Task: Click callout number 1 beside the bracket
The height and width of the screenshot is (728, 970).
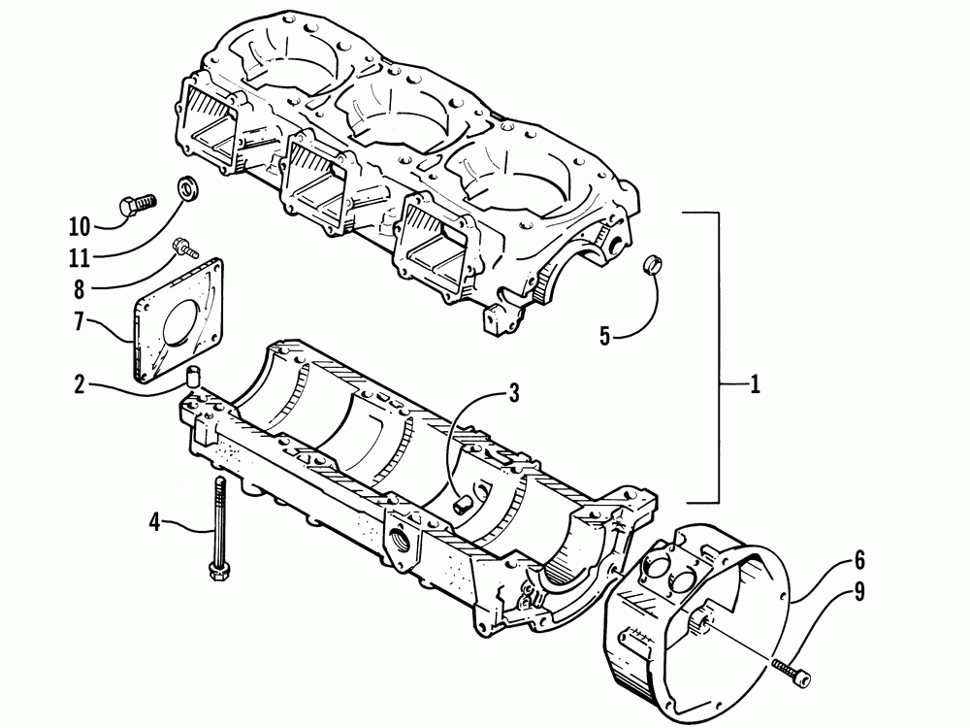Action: pos(754,385)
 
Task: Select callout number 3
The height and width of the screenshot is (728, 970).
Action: pos(513,394)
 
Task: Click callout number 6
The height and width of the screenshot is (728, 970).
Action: pos(858,561)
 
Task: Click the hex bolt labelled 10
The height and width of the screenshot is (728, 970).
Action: pos(136,205)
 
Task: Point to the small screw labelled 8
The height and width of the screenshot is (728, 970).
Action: pos(180,247)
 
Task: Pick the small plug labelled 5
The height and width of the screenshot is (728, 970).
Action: pos(653,264)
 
